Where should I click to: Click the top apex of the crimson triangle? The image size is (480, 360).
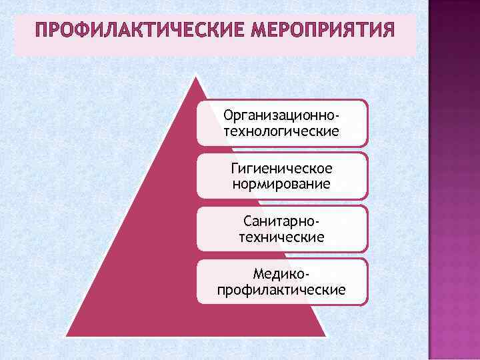[197, 76]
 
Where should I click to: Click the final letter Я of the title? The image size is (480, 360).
[387, 31]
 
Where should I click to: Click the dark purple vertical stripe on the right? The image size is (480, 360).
[453, 180]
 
